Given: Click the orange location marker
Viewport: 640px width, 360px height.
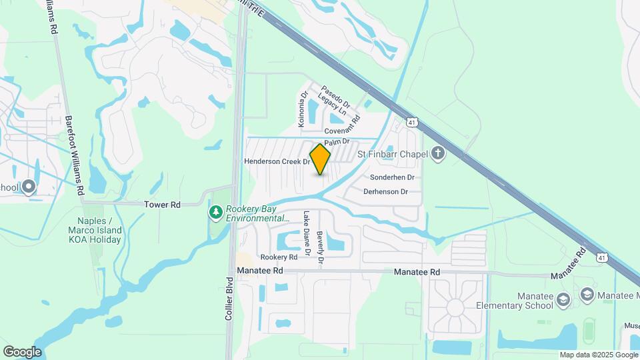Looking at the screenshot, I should pos(321,159).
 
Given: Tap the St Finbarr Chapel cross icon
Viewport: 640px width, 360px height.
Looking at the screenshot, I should pos(437,155).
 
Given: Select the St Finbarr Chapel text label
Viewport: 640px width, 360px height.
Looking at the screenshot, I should pos(391,155).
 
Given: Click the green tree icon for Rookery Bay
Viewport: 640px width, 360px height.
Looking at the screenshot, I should pos(215,212).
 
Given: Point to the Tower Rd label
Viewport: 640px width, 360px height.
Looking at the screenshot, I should pos(163,205).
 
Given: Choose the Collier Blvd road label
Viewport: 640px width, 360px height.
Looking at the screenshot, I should pos(229,299).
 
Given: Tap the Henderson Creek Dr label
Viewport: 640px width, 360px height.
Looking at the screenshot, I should pos(277,161).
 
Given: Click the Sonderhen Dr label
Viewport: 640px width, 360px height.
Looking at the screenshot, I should pos(392,177).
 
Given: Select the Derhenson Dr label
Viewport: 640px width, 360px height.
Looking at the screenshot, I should pos(385,191).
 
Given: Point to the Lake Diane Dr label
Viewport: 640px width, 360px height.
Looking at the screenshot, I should pos(307,233).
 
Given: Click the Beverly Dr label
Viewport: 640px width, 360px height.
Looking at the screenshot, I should pos(320,248).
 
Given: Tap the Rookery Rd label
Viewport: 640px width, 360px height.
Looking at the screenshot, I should pos(279,257).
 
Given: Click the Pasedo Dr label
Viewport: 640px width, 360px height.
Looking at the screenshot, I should pos(335,93).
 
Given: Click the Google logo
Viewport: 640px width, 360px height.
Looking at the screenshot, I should pos(22,351).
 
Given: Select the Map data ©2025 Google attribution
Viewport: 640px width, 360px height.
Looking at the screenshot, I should pos(597,355).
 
